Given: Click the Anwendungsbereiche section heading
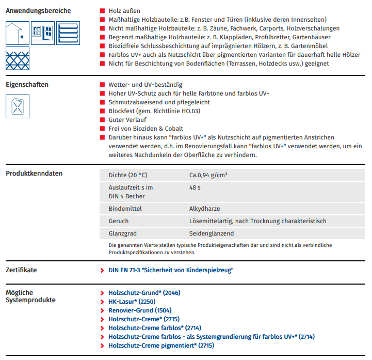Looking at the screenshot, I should pyautogui.click(x=38, y=11).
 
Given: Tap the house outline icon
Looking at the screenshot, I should pyautogui.click(x=18, y=34).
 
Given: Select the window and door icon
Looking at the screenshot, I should pyautogui.click(x=43, y=33).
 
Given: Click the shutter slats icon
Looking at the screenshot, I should pyautogui.click(x=68, y=34).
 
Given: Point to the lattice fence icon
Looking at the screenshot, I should pyautogui.click(x=18, y=58).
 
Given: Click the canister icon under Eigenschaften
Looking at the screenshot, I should pyautogui.click(x=18, y=107).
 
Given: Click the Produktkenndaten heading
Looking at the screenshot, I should pyautogui.click(x=34, y=174).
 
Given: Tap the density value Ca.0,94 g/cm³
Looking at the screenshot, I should pyautogui.click(x=208, y=175).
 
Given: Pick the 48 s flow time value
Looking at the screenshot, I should pyautogui.click(x=195, y=187).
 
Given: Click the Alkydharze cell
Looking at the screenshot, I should pyautogui.click(x=205, y=209).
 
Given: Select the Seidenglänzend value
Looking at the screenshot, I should pyautogui.click(x=212, y=233).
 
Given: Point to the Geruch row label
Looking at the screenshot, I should pyautogui.click(x=119, y=221).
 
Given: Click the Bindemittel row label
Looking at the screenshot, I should pyautogui.click(x=125, y=209).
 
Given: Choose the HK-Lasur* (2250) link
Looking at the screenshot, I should pyautogui.click(x=132, y=302).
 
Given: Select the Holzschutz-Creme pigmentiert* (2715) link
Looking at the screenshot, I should pyautogui.click(x=161, y=346).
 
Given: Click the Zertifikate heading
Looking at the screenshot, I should pyautogui.click(x=22, y=270).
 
